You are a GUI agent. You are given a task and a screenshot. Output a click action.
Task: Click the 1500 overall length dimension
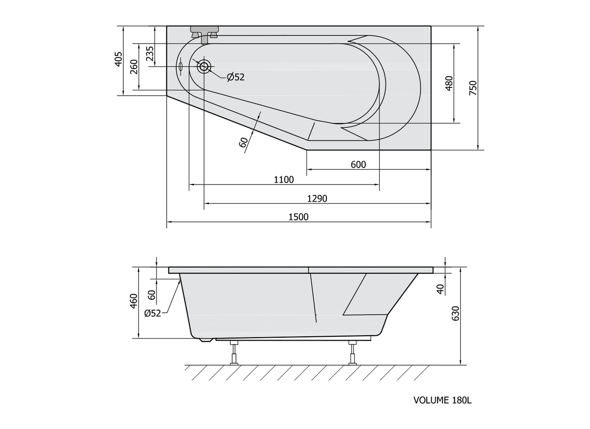coord(298,217)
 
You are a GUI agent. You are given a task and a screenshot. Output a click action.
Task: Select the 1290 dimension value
coord(317,199)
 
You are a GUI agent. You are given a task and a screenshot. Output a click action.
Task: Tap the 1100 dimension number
coord(284,180)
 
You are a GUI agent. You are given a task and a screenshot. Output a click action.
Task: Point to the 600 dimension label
coord(358,164)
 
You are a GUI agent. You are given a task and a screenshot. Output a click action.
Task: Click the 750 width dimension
coord(473,88)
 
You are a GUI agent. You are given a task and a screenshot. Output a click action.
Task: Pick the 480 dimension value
coord(449,83)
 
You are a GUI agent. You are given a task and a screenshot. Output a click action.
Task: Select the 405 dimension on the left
coord(119,59)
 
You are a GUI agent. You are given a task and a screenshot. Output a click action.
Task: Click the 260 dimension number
coord(134,67)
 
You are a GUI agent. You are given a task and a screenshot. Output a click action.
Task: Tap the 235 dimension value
coord(149,54)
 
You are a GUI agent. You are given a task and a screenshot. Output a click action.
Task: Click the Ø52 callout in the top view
coord(236,77)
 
